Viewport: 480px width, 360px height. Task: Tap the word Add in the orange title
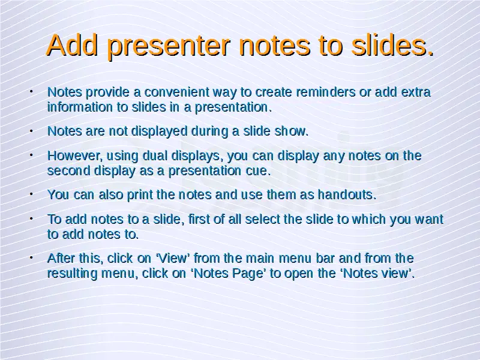(x=72, y=46)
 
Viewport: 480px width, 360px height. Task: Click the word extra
(x=416, y=92)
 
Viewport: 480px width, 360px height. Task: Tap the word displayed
(x=159, y=131)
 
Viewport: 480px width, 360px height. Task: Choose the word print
(x=140, y=194)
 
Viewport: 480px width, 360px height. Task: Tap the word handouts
(x=347, y=194)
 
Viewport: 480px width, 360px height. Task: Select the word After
(x=61, y=258)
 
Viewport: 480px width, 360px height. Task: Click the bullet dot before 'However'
(x=31, y=155)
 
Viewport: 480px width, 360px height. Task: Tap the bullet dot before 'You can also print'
(x=31, y=194)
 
